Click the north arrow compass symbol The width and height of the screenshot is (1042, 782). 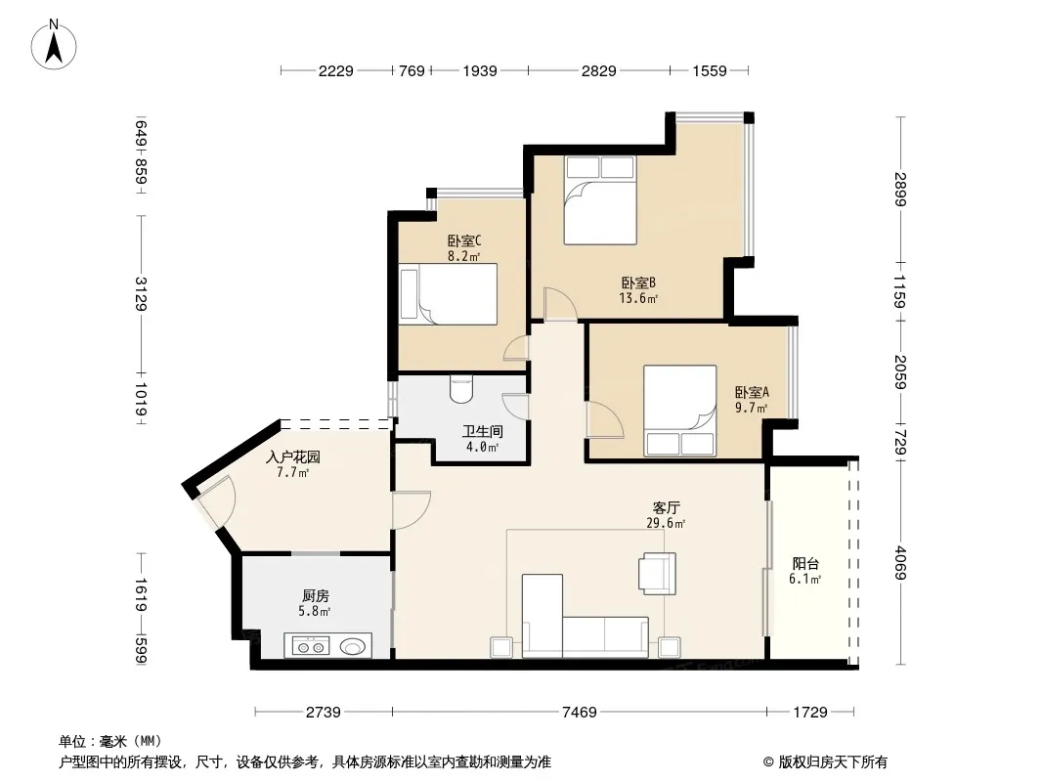point(54,45)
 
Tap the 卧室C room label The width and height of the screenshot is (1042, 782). point(464,240)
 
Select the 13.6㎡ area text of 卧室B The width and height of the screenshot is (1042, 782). point(638,298)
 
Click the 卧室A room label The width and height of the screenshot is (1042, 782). point(752,392)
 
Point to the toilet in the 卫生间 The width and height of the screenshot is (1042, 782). point(459,389)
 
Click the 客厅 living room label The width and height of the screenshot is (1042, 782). point(666,508)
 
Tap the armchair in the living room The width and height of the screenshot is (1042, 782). point(657,573)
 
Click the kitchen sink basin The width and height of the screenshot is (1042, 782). point(352,646)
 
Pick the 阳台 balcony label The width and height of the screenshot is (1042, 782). point(804,564)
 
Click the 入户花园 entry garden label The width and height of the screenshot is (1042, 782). point(293,457)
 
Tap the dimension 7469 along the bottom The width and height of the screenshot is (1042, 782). point(580,713)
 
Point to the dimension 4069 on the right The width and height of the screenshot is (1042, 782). point(900,562)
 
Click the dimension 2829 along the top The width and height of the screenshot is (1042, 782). point(599,70)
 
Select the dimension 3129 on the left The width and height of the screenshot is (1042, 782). point(141,293)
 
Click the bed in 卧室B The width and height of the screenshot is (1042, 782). point(600,200)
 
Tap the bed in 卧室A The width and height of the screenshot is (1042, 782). point(679,411)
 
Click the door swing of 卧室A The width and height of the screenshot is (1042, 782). point(605,420)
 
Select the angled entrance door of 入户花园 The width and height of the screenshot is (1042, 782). point(215,501)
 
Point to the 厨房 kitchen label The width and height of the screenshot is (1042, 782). point(315,596)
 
